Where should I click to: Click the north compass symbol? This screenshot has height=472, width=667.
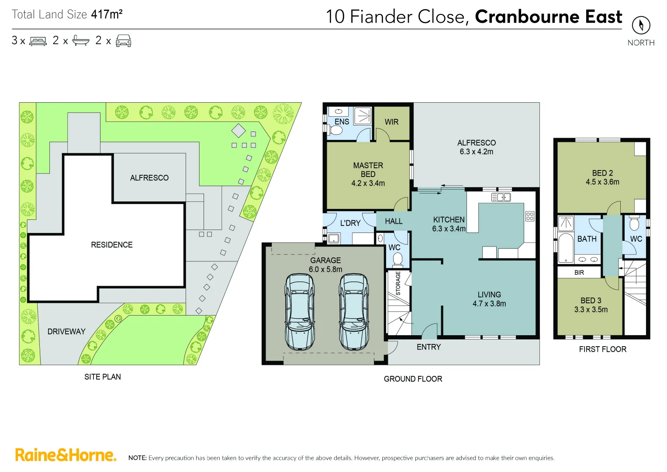tap(641, 25)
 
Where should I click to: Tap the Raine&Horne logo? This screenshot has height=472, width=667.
tap(66, 455)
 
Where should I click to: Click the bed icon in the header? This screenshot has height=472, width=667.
tap(38, 41)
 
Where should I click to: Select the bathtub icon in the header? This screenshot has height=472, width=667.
tap(81, 41)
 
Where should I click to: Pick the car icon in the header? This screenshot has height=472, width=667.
tap(124, 41)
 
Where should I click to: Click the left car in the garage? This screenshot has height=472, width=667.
tap(300, 311)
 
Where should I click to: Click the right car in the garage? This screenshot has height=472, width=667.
tap(354, 311)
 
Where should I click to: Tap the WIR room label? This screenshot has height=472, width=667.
tap(391, 122)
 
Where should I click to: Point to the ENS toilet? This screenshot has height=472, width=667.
tap(336, 130)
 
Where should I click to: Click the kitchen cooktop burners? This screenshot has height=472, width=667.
tap(530, 216)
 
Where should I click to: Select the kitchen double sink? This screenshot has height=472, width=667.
tap(501, 198)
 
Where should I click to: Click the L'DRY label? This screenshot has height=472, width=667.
tap(350, 223)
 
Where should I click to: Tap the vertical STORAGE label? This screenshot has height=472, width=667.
tap(398, 283)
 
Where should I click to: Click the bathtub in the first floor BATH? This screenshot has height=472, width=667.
tap(566, 248)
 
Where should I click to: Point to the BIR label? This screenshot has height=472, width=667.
tap(579, 272)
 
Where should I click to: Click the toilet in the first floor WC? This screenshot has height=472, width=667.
tap(634, 224)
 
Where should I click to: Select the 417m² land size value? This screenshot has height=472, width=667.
tap(107, 14)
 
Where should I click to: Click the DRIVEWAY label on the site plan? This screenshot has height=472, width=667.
tap(66, 332)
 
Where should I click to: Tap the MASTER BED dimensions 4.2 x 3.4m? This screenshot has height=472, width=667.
tap(368, 183)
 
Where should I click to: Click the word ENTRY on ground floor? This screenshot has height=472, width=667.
tap(429, 347)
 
